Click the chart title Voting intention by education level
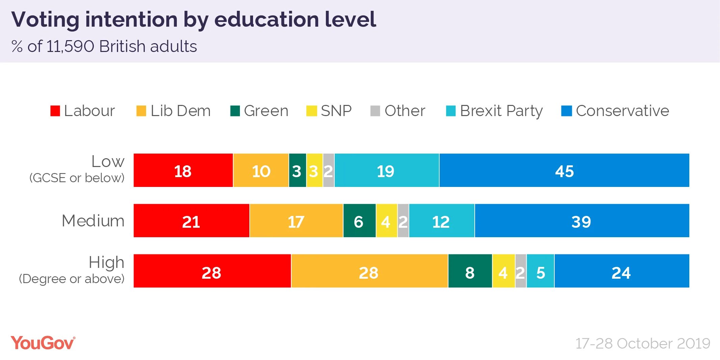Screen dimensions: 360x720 coord(193,20)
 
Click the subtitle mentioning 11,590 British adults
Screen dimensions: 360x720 coord(104,47)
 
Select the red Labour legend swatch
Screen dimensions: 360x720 coord(55,111)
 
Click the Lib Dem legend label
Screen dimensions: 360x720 coord(181,111)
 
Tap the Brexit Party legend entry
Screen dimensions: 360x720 coord(501,111)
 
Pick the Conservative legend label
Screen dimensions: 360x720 coord(622,111)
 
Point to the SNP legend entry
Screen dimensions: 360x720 coord(336,111)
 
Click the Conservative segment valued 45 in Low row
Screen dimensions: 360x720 coord(564,170)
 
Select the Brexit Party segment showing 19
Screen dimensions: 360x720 coord(386,170)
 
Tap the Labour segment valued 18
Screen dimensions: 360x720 coord(183,170)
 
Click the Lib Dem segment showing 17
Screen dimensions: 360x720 coord(296,221)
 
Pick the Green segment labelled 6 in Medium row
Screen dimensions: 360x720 coord(359,221)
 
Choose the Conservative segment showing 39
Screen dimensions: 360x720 coord(581,221)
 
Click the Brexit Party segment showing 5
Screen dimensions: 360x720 coord(540,271)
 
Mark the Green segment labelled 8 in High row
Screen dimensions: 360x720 coord(470,271)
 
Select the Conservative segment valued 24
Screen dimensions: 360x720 coord(621,271)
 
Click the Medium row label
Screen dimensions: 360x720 coord(93,221)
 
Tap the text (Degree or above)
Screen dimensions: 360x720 coord(72,279)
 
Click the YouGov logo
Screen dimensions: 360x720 coord(43,343)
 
